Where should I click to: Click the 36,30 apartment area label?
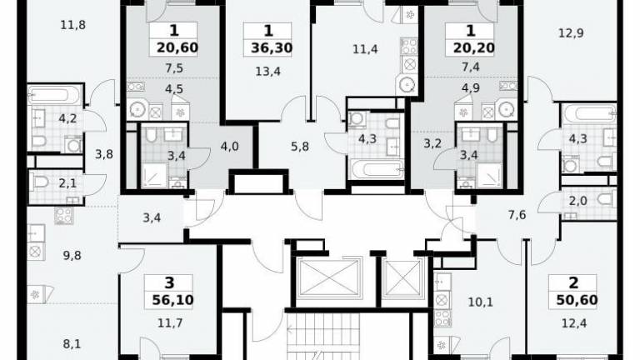click(272, 48)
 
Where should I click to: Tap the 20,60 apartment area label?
click(177, 47)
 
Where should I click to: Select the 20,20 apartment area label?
click(474, 47)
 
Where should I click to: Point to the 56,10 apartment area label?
click(172, 300)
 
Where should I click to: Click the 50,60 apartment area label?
click(577, 300)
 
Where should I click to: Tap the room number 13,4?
click(267, 72)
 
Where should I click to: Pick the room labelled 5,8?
click(300, 146)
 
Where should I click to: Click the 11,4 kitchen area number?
click(365, 49)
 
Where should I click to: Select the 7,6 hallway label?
click(517, 215)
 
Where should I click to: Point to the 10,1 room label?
click(480, 302)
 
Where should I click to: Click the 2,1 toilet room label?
click(67, 183)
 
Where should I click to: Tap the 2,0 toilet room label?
click(578, 201)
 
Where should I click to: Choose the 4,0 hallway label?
click(229, 146)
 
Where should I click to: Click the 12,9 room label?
click(571, 33)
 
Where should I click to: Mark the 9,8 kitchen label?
click(72, 256)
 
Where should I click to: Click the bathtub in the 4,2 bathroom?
click(54, 95)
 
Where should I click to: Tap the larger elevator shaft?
click(328, 277)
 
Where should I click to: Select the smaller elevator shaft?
click(403, 277)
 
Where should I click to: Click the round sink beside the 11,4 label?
click(407, 85)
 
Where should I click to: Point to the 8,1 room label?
click(72, 344)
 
